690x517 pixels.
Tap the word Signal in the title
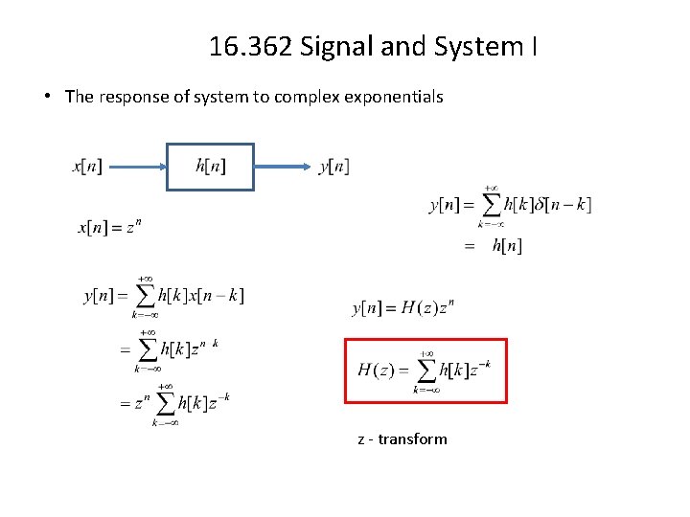point(331,46)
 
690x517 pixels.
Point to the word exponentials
point(396,97)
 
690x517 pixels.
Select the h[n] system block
point(211,167)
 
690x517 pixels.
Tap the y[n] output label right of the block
point(333,167)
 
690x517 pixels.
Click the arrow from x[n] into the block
point(134,167)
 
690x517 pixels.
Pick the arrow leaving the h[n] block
point(286,167)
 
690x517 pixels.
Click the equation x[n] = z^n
point(110,227)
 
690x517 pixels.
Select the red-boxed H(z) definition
point(425,371)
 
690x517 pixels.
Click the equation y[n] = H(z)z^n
point(403,307)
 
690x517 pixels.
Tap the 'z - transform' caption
point(402,439)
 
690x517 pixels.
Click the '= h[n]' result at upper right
point(494,247)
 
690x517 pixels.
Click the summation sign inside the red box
point(426,371)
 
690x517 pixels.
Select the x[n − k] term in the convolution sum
point(220,296)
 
